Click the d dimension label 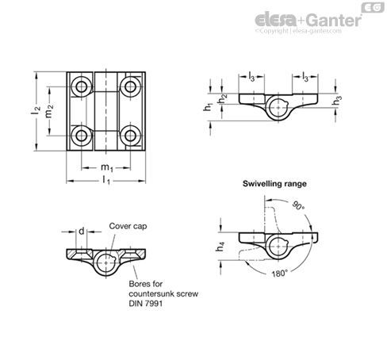(x=81, y=231)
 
